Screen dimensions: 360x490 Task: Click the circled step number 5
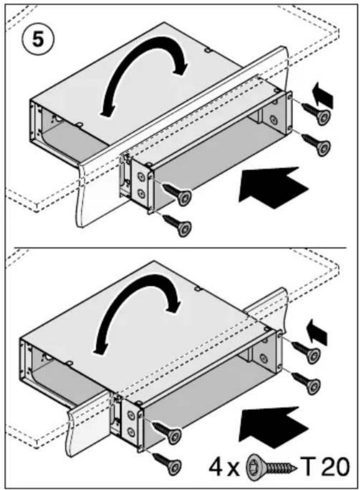[x=38, y=40]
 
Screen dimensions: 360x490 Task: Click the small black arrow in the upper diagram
[x=323, y=95]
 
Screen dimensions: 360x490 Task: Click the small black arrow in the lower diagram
[x=316, y=332]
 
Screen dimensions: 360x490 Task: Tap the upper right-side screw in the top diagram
[x=316, y=114]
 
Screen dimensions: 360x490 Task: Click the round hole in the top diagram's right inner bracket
[x=273, y=119]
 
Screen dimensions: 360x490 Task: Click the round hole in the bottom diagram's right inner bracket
[x=264, y=357]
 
